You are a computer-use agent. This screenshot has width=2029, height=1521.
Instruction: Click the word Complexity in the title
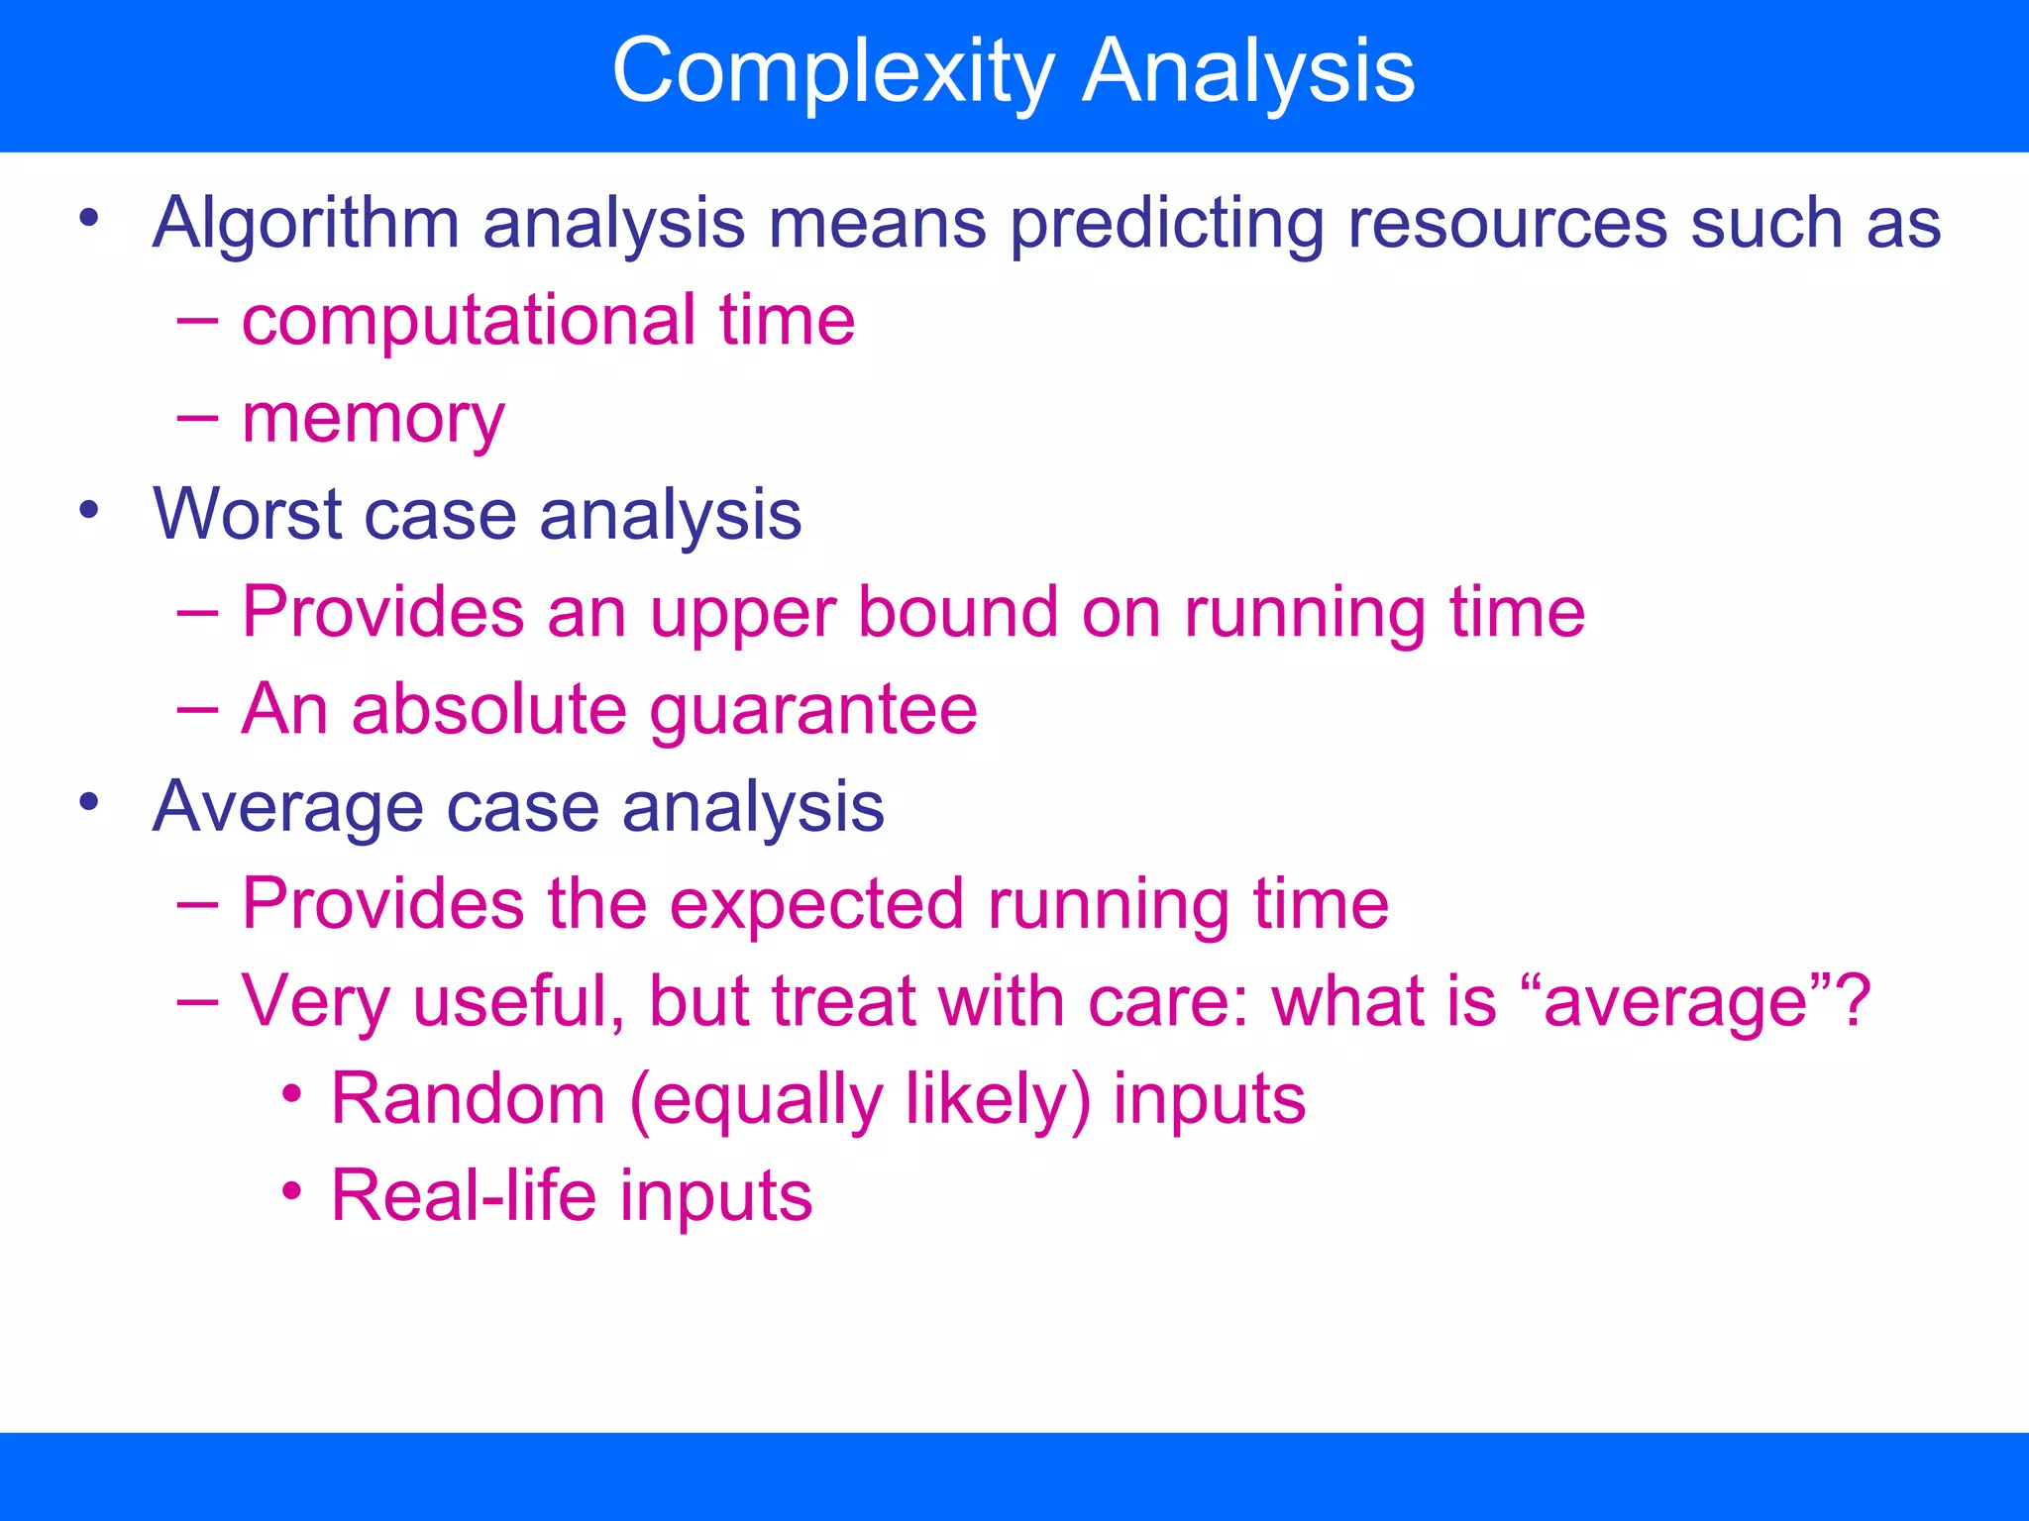tap(832, 71)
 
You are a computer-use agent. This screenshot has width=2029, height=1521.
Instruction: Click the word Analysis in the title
tap(1248, 71)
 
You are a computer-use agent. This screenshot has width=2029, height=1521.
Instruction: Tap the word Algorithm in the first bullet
tap(306, 224)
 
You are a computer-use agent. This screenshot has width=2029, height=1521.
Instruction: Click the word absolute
tap(489, 709)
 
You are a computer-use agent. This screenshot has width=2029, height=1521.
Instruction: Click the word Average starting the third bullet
tap(288, 807)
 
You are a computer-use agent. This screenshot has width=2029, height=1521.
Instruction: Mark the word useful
tap(518, 1001)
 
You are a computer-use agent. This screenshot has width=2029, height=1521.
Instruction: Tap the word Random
tap(468, 1098)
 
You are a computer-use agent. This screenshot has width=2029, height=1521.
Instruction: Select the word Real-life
tap(464, 1195)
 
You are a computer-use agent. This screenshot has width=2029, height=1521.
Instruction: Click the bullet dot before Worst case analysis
tap(89, 510)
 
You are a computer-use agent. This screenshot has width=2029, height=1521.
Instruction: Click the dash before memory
tap(197, 418)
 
